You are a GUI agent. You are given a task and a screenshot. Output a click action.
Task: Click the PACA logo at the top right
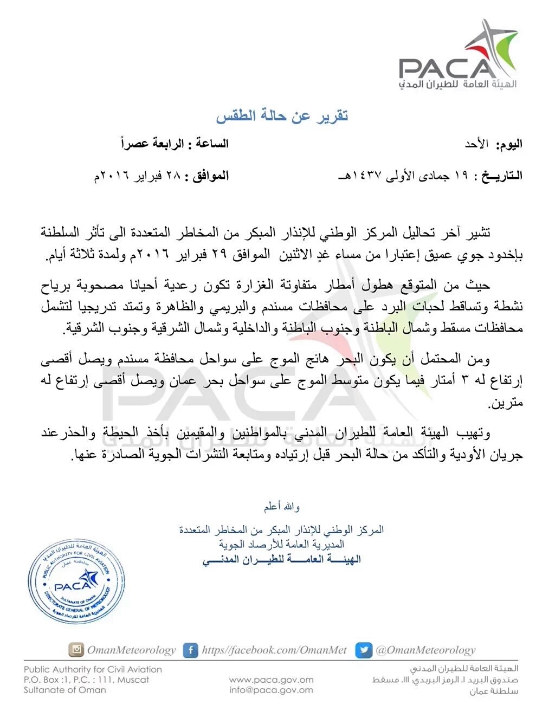(x=458, y=57)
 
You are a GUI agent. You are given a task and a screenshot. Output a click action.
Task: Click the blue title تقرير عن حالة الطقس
(x=282, y=115)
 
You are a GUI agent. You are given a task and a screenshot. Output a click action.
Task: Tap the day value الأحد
(x=476, y=144)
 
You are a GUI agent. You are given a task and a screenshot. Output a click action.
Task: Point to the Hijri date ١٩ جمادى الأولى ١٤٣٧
(x=404, y=176)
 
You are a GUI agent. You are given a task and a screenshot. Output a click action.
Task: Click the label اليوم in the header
(x=509, y=144)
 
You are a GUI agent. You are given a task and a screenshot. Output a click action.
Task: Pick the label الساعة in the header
(x=212, y=144)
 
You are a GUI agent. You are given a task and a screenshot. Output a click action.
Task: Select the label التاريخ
(x=501, y=176)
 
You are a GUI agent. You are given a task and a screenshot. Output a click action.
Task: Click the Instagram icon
(x=76, y=650)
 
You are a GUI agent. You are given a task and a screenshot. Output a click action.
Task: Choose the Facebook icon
(x=190, y=650)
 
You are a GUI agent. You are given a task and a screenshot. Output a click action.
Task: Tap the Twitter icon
(x=363, y=650)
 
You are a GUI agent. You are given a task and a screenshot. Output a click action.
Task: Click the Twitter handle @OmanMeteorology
(x=425, y=650)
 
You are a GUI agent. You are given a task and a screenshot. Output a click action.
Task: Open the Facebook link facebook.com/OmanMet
(x=274, y=650)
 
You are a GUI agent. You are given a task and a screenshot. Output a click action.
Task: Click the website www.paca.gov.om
(x=271, y=680)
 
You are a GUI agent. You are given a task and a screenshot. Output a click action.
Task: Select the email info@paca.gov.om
(x=271, y=690)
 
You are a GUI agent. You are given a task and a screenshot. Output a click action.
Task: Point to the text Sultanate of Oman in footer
(x=65, y=690)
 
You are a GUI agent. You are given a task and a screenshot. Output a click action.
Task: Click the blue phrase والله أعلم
(x=282, y=507)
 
